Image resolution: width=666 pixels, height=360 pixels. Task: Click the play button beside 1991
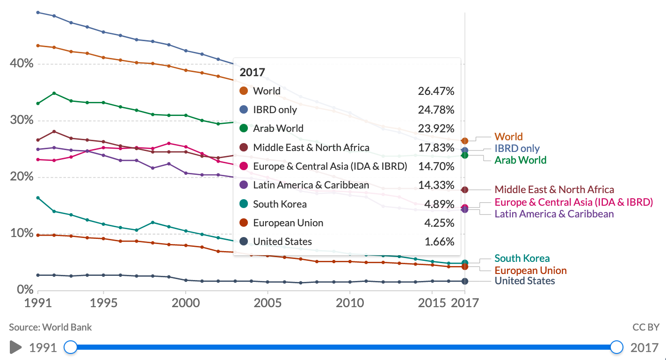coord(16,347)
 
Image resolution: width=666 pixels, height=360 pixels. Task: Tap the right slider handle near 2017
coord(617,347)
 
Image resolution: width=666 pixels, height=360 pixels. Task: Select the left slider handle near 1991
coord(71,347)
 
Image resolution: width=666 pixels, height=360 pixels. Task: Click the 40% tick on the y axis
coord(22,63)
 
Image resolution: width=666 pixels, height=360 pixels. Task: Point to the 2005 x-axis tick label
coord(268,303)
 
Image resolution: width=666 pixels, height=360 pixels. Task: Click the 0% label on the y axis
coord(25,289)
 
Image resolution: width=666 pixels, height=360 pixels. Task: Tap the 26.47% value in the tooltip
coord(436,91)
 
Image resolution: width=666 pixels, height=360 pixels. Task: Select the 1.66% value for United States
coord(439,242)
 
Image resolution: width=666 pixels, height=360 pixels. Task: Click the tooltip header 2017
coord(252,72)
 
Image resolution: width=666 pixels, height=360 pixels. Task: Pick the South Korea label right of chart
coord(522,258)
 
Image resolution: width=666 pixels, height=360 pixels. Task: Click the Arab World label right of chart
coord(520,160)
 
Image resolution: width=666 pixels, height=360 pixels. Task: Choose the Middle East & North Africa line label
coord(554,189)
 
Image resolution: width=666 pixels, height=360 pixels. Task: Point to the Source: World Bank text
coord(51,327)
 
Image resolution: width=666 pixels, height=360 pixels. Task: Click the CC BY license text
coord(645,327)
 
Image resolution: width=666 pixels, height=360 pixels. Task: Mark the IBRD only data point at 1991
coord(38,12)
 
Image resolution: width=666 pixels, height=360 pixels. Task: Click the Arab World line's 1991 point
coord(38,103)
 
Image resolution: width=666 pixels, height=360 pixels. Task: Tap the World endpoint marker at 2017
coord(464,141)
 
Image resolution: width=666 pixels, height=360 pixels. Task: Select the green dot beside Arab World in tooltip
coord(243,129)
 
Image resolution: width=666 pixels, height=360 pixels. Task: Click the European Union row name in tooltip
coord(288,223)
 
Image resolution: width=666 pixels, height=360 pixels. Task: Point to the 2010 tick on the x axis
coord(349,303)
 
